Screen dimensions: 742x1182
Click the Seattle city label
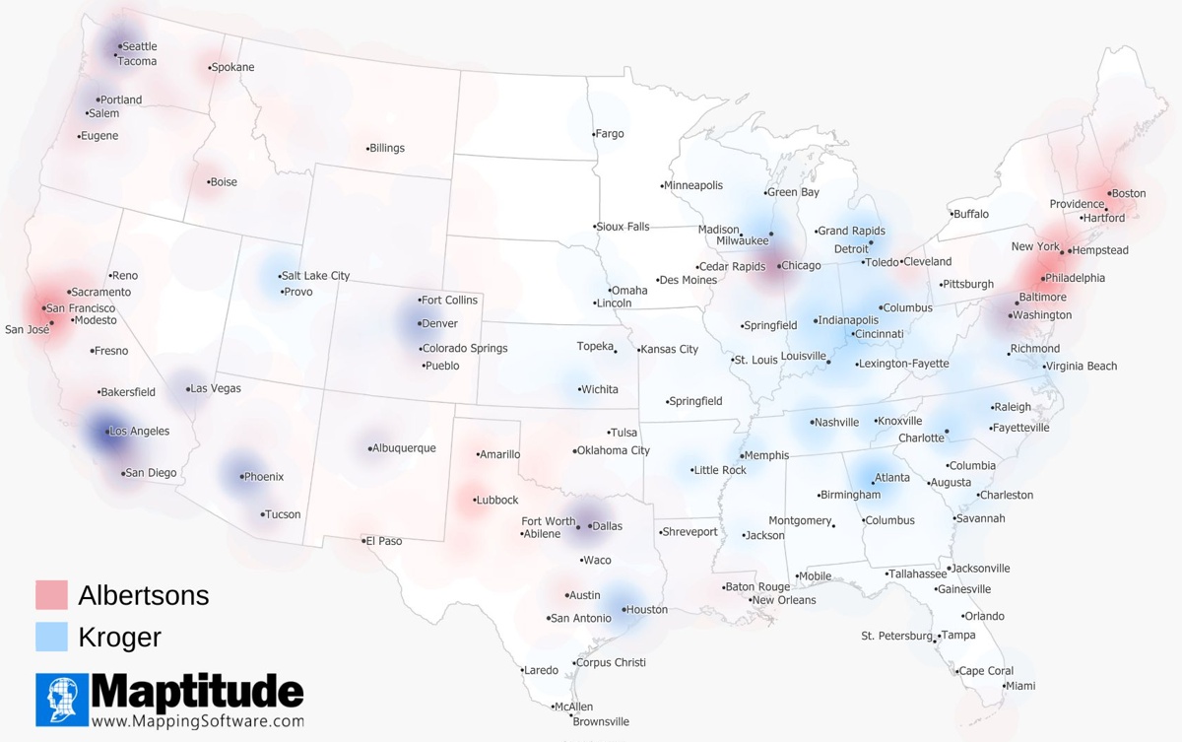pos(139,46)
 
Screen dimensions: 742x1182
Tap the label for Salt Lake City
pos(314,276)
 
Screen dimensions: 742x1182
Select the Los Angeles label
pos(139,431)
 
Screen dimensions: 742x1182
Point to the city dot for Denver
pos(420,323)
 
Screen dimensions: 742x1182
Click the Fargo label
pos(610,134)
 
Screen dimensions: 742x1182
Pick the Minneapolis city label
pos(693,185)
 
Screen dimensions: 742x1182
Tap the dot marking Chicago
pos(778,266)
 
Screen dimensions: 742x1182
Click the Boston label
pos(1129,193)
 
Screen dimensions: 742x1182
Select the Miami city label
pos(1020,686)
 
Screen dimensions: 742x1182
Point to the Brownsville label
pos(601,722)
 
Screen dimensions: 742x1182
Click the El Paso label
pos(385,541)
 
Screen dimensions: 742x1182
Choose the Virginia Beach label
pos(1082,367)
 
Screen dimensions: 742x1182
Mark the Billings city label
pos(387,148)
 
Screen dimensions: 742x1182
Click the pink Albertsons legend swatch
pos(51,595)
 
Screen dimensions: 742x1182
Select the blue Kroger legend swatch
pos(51,637)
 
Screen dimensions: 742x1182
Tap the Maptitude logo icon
pos(62,700)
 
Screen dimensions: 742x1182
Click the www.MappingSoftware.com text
pos(197,720)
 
